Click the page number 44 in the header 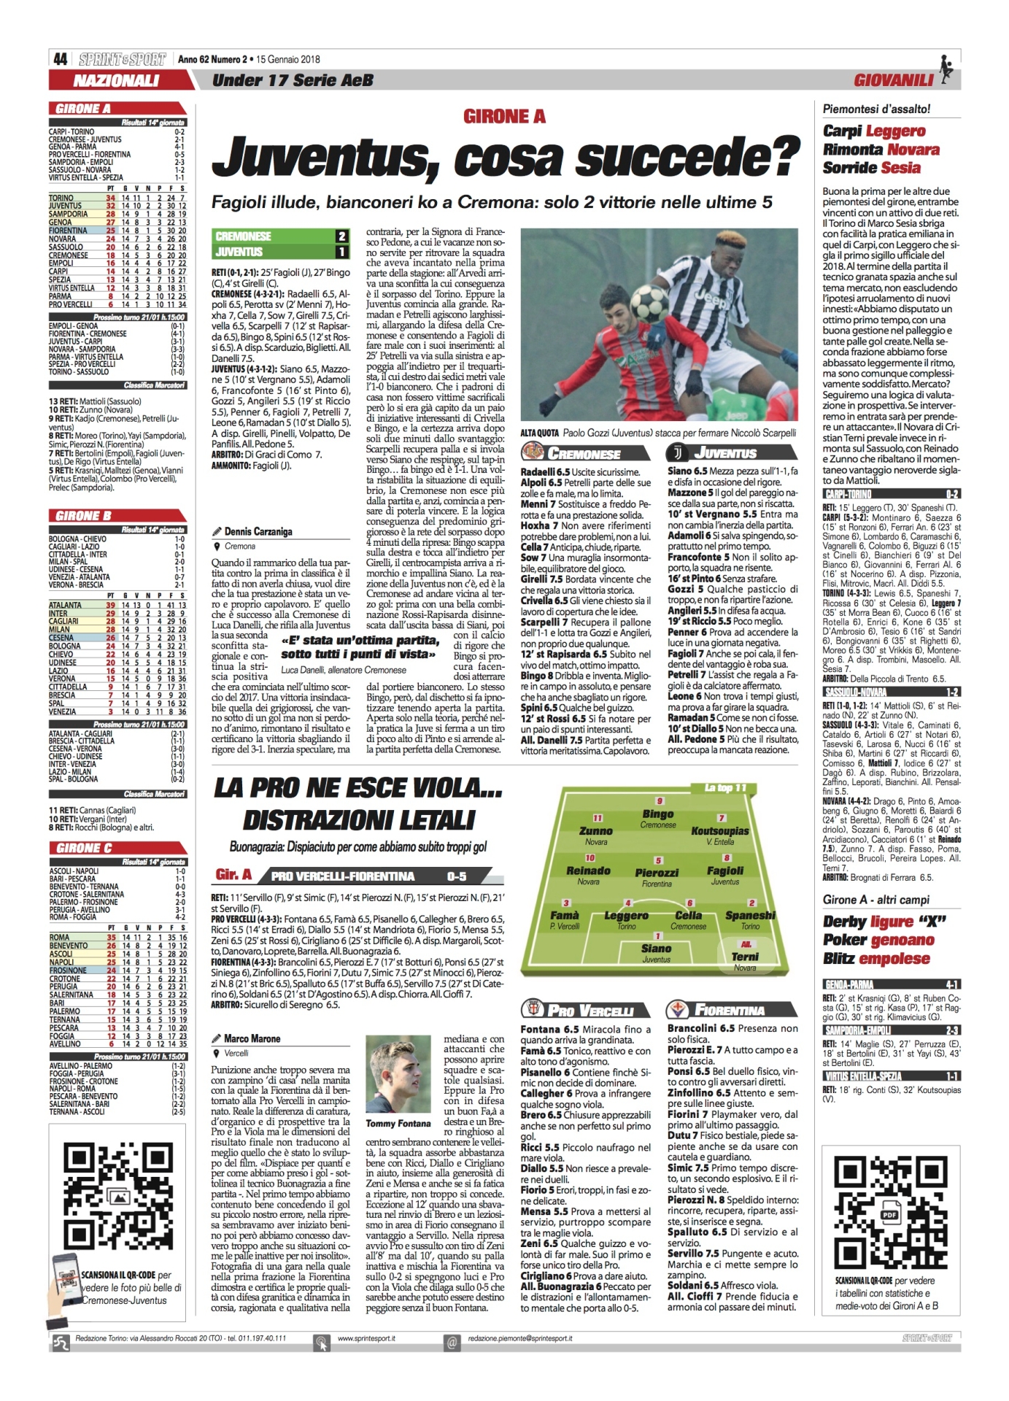[x=60, y=59]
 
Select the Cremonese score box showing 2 [x=341, y=236]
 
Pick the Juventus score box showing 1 [x=341, y=252]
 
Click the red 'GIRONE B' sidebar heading [x=85, y=516]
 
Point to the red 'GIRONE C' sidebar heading [x=85, y=848]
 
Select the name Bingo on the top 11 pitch [x=658, y=814]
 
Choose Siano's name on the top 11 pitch [x=657, y=949]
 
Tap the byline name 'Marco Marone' [x=252, y=1038]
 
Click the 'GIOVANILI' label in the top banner [x=894, y=80]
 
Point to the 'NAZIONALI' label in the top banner [x=116, y=80]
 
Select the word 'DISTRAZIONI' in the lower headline [x=359, y=819]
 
